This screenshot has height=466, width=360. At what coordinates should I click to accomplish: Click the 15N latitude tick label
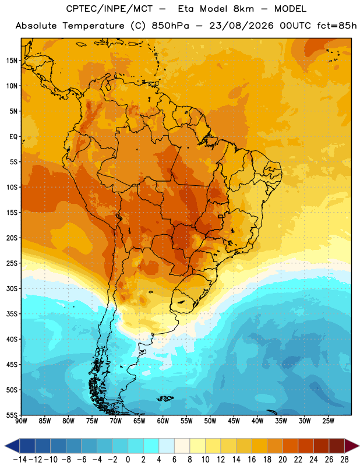pyautogui.click(x=12, y=61)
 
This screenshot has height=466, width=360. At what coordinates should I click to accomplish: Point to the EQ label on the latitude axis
pyautogui.click(x=13, y=137)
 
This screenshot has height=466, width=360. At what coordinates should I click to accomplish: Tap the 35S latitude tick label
pyautogui.click(x=12, y=314)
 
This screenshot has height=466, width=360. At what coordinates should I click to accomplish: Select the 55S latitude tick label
pyautogui.click(x=12, y=415)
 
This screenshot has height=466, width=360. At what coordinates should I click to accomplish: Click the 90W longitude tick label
pyautogui.click(x=21, y=421)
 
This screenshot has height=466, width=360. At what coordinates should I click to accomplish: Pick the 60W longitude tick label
pyautogui.click(x=163, y=421)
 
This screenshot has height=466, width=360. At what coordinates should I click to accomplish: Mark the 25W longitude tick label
pyautogui.click(x=328, y=421)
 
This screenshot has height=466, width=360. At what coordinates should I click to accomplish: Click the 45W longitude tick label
pyautogui.click(x=234, y=421)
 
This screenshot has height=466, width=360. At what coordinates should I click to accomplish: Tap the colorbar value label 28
pyautogui.click(x=344, y=460)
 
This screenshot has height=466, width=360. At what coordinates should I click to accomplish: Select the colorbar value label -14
pyautogui.click(x=20, y=460)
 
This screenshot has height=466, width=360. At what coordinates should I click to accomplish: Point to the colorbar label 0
pyautogui.click(x=128, y=460)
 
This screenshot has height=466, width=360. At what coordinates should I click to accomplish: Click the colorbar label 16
pyautogui.click(x=252, y=460)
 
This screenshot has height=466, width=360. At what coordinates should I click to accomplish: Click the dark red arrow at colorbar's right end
pyautogui.click(x=351, y=446)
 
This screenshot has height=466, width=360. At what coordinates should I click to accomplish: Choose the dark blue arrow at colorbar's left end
pyautogui.click(x=12, y=446)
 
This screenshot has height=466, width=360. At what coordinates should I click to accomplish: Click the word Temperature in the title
pyautogui.click(x=93, y=26)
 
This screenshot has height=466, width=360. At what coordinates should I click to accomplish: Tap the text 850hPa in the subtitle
pyautogui.click(x=170, y=26)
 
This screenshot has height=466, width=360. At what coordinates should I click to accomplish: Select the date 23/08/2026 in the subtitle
pyautogui.click(x=241, y=26)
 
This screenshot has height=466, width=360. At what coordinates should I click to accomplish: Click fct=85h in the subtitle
pyautogui.click(x=337, y=26)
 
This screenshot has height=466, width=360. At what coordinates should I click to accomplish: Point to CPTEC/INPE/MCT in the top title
pyautogui.click(x=109, y=9)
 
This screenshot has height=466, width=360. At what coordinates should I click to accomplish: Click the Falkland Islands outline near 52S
pyautogui.click(x=165, y=398)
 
